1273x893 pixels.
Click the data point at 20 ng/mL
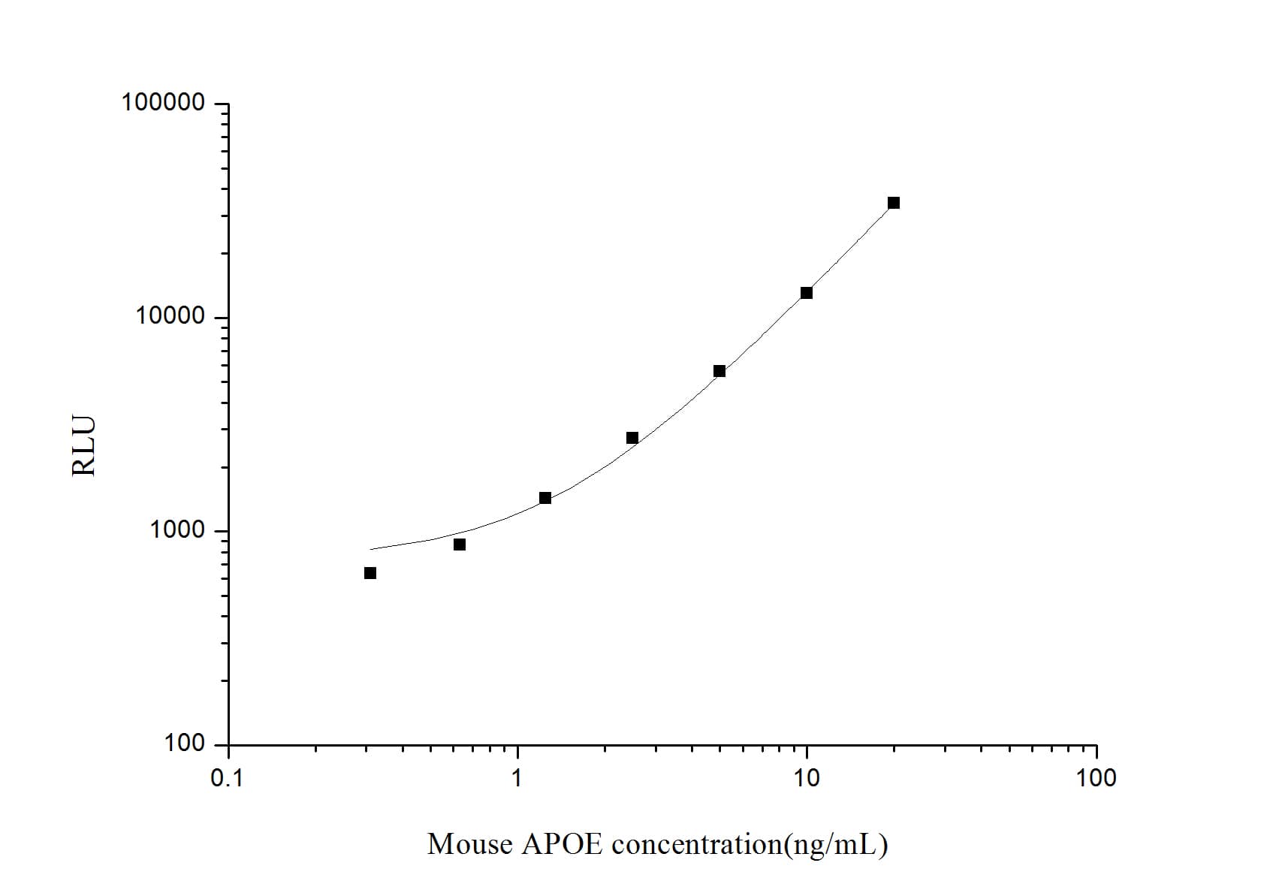click(894, 203)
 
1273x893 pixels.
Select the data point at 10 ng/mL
click(807, 293)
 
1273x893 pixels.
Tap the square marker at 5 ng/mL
click(719, 371)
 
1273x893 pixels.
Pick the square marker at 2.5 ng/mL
click(632, 438)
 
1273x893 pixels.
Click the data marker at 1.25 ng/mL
click(545, 498)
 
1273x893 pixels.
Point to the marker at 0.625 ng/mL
click(460, 545)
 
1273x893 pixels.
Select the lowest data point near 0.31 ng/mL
click(370, 573)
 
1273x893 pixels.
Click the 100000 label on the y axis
click(163, 102)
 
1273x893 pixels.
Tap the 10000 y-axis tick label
click(170, 316)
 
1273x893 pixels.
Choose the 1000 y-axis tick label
click(177, 530)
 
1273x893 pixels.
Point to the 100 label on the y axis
click(185, 744)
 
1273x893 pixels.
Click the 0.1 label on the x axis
click(227, 778)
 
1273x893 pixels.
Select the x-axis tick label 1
click(517, 778)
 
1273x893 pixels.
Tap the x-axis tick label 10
click(807, 778)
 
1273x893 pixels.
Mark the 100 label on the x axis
click(1096, 778)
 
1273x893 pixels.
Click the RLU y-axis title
click(84, 446)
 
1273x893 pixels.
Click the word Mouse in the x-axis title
click(470, 844)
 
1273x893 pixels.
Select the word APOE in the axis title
click(562, 844)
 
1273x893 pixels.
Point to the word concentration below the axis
click(697, 844)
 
